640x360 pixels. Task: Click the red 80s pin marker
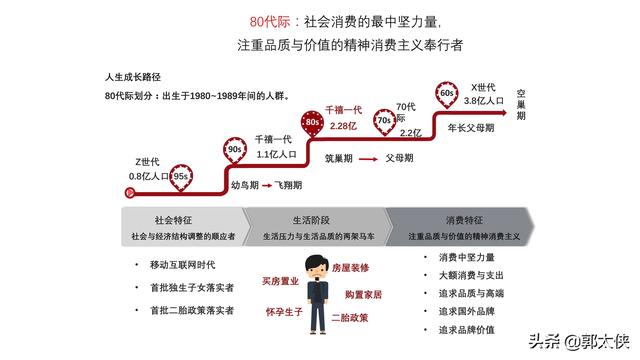313,121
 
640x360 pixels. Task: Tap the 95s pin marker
181,176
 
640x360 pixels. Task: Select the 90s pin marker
233,150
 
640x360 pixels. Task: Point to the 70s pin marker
384,122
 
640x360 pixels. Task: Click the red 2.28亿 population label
343,126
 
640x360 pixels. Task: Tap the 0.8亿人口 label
149,176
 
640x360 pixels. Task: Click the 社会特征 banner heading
172,219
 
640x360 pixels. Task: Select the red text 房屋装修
350,267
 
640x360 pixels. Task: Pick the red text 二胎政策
350,317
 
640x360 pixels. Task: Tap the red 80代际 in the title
267,20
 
